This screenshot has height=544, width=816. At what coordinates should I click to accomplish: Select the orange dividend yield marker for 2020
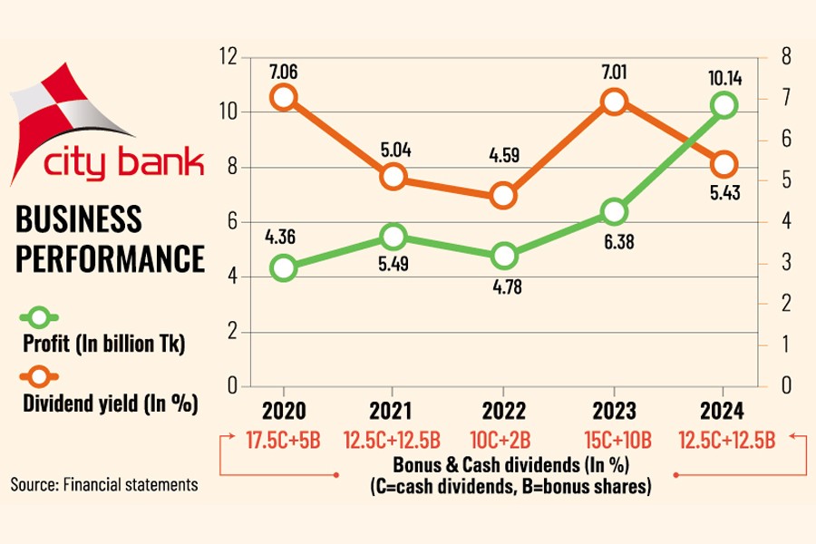tap(284, 97)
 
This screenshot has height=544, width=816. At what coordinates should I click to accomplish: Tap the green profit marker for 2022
tap(504, 257)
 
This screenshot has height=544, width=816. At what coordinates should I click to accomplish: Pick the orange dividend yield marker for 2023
tap(614, 101)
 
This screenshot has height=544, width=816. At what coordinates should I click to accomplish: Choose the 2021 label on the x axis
tap(393, 410)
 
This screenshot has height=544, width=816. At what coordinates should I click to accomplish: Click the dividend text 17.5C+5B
tap(284, 442)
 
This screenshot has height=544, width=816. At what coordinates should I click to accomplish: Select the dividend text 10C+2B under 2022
tap(504, 442)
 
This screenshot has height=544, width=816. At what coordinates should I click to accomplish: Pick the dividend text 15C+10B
tap(614, 442)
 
